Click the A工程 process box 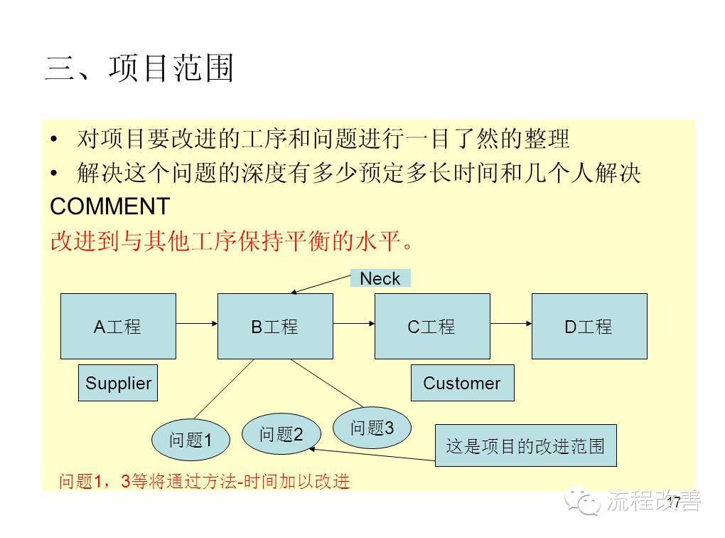[117, 326]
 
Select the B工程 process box [274, 326]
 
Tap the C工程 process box [431, 326]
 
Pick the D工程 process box [589, 326]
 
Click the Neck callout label [380, 278]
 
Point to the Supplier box [118, 383]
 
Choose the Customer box [462, 383]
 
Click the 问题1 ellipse [190, 440]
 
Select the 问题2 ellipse [281, 434]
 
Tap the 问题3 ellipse [372, 428]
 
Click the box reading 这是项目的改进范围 [525, 446]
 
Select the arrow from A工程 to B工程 [196, 324]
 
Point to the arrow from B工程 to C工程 [353, 324]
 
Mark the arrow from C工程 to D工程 [510, 324]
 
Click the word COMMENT [109, 206]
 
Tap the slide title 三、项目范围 [139, 69]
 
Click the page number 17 [673, 502]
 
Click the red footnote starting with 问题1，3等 [205, 481]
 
